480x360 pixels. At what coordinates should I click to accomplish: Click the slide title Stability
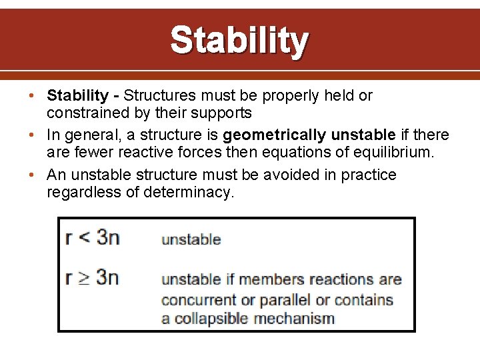[239, 41]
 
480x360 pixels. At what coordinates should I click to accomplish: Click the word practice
[369, 175]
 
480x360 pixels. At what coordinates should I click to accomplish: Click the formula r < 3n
[93, 237]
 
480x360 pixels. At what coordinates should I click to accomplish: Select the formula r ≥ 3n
[93, 277]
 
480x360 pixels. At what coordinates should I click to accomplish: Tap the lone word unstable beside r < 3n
[191, 239]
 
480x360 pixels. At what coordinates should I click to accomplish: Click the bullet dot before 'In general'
[33, 135]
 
